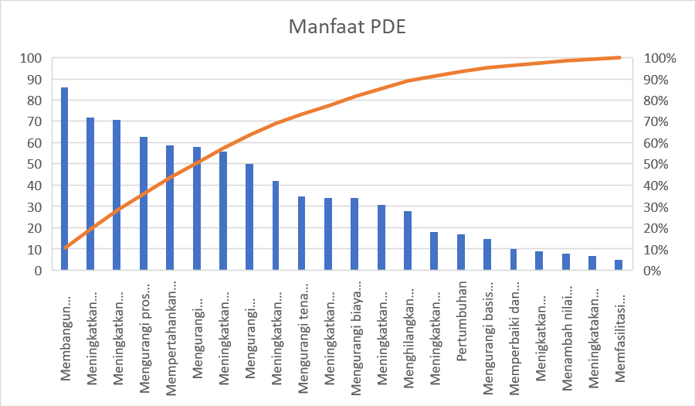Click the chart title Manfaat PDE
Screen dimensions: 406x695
(347, 26)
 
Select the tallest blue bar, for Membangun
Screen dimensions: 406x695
(64, 179)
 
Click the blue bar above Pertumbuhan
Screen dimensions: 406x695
(461, 252)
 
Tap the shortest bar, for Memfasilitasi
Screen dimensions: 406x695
(619, 265)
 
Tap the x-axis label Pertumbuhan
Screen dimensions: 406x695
(461, 317)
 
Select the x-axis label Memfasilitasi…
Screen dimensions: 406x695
(619, 336)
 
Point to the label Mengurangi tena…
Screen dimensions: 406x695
(302, 339)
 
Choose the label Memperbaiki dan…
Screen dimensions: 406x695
(514, 339)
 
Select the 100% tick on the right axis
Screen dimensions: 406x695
(661, 58)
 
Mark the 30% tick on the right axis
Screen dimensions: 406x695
(659, 207)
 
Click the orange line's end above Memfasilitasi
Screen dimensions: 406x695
(619, 57)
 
